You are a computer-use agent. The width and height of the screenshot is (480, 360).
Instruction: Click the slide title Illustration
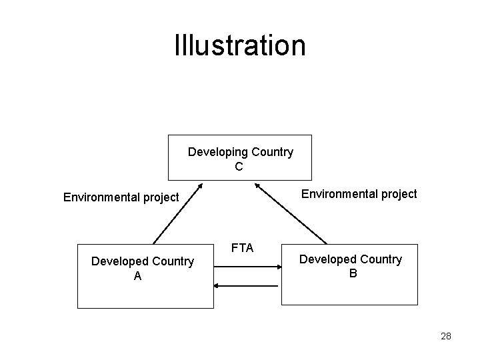pos(240,45)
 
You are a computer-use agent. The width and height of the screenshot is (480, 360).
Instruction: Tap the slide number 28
pos(446,337)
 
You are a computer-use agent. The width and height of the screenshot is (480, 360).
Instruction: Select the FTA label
pos(242,248)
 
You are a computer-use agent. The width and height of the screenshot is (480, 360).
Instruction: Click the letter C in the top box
pos(239,167)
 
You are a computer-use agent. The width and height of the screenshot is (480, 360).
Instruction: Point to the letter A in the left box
pos(137,276)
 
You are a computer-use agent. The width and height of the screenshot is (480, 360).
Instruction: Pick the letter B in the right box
pos(353,273)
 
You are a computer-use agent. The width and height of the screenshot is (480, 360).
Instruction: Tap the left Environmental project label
pos(121,197)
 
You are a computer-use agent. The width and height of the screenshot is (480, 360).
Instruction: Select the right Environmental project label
pos(359,194)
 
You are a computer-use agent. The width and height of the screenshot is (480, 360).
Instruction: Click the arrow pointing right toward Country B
pos(247,267)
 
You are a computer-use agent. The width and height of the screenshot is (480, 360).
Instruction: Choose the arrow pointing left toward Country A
pos(247,285)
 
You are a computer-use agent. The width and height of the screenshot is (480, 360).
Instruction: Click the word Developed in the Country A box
pos(119,261)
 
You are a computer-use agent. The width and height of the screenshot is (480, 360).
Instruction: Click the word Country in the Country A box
pos(173,261)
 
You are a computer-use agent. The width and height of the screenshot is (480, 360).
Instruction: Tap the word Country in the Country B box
pos(381,259)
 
